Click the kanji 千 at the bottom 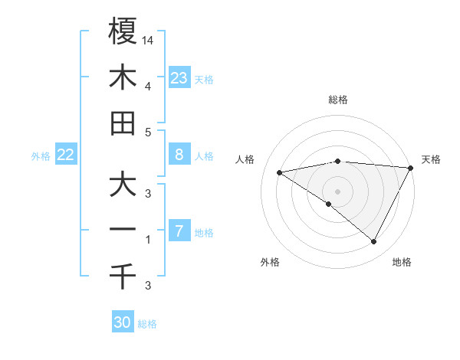[123, 277]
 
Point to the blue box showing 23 [179, 78]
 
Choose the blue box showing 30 [123, 322]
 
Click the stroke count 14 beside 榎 [148, 40]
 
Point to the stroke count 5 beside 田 [148, 132]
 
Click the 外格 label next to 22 [41, 156]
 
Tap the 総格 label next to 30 [147, 324]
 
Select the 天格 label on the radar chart [431, 159]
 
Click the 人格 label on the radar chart [246, 159]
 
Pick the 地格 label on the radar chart [402, 263]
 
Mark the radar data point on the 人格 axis [280, 172]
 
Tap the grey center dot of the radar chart [337, 191]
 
